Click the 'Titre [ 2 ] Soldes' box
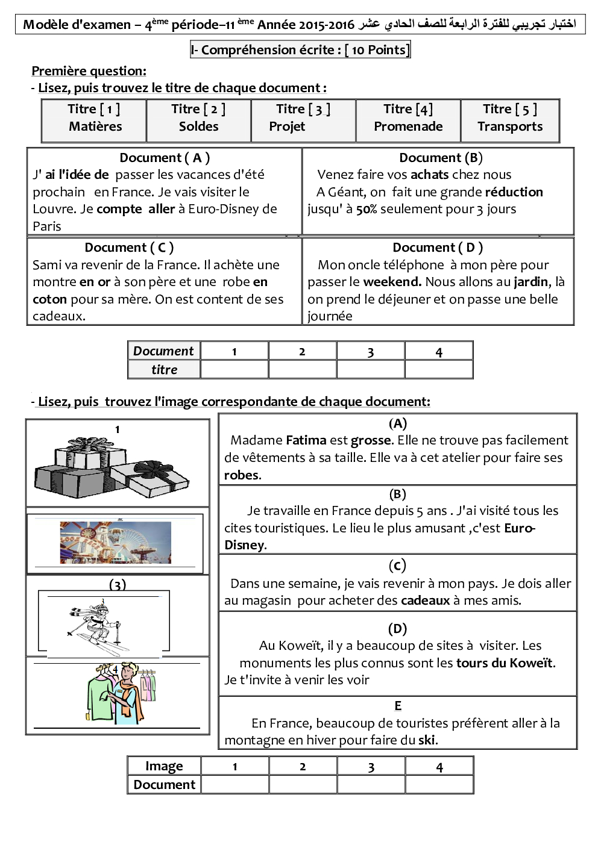(x=198, y=118)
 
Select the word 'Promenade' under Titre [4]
(x=408, y=126)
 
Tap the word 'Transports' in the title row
(x=510, y=126)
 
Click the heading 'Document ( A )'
(x=165, y=158)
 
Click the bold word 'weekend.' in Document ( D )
(x=392, y=282)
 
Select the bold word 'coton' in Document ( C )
(x=49, y=299)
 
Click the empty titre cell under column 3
(x=370, y=370)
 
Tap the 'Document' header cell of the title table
(x=163, y=351)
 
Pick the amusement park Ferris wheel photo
(x=115, y=543)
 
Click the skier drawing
(x=96, y=626)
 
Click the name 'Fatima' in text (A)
(x=306, y=440)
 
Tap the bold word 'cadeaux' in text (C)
(x=425, y=600)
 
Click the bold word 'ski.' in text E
(x=428, y=740)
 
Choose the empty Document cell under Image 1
(x=234, y=785)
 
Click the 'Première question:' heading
(x=89, y=71)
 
